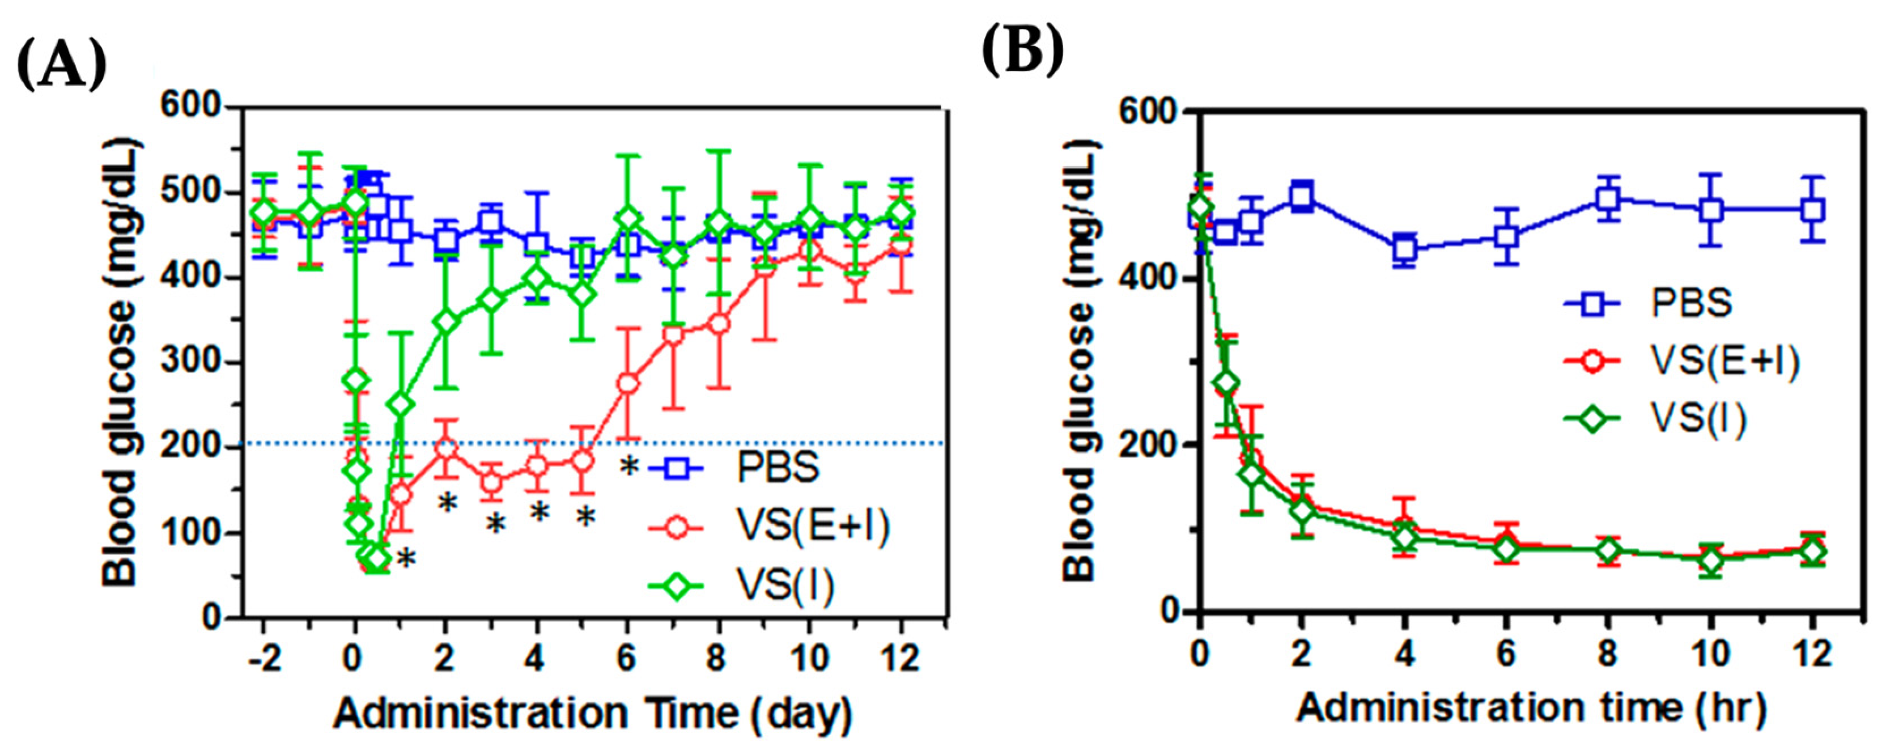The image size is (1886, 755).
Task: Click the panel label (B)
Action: click(1023, 50)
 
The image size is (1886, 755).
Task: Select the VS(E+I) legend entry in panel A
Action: click(770, 527)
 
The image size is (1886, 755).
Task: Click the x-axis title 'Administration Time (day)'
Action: click(593, 715)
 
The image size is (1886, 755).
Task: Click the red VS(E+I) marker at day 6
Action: click(627, 384)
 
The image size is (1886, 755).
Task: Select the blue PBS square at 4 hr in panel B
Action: click(1404, 248)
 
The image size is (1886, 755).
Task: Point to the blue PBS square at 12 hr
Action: click(1813, 210)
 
